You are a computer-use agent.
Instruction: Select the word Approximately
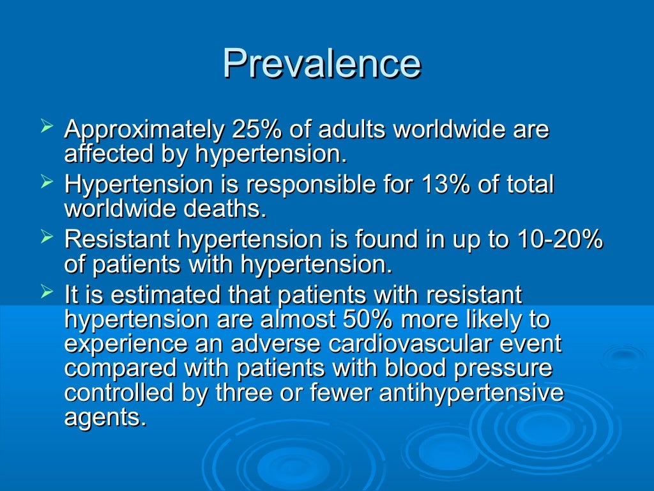(x=144, y=130)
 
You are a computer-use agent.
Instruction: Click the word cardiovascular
(x=393, y=343)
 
